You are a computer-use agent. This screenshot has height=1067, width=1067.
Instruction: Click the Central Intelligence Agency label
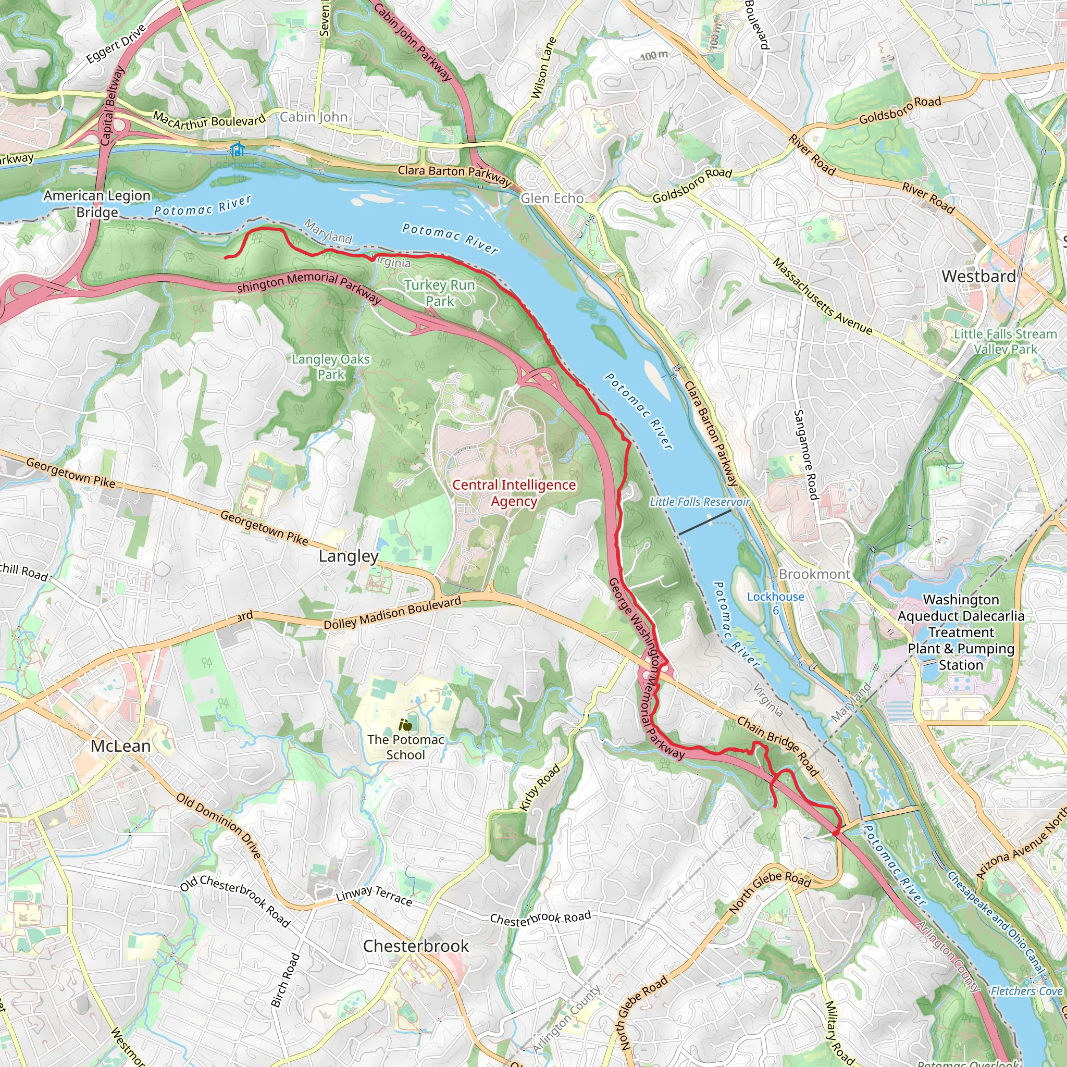(514, 493)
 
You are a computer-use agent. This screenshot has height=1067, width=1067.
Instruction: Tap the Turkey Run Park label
(440, 293)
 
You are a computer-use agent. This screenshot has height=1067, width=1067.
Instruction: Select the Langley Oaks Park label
(331, 367)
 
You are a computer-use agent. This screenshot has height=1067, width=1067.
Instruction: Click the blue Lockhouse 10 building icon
(238, 148)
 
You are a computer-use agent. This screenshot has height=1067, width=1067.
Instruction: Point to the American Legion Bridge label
(97, 204)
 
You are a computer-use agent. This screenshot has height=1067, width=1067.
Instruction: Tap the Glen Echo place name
(552, 198)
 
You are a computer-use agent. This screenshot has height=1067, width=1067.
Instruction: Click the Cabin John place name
(314, 117)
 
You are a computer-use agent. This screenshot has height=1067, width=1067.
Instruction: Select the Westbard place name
(978, 276)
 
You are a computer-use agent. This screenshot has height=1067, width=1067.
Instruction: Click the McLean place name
(120, 746)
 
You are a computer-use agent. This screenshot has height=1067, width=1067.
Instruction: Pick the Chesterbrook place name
(416, 946)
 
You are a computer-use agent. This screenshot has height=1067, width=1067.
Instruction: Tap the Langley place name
(349, 556)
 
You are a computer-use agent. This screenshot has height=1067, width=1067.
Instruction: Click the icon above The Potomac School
(406, 725)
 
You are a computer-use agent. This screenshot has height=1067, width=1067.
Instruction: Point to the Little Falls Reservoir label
(699, 502)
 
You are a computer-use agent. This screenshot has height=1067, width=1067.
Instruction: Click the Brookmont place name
(814, 574)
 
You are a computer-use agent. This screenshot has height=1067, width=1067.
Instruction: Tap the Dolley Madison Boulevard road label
(392, 613)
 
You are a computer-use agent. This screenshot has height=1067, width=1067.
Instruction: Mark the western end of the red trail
(225, 257)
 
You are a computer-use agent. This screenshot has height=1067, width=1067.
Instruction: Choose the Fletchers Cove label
(1026, 991)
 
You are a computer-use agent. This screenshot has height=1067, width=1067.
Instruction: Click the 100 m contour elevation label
(654, 56)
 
